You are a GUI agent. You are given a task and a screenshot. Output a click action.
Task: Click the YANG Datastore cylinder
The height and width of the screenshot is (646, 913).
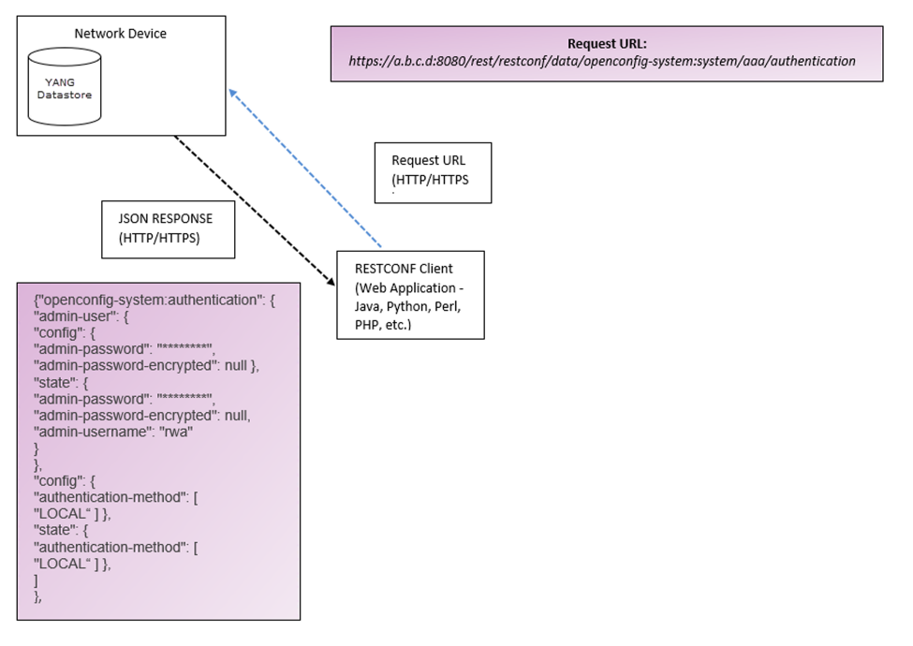coord(66,88)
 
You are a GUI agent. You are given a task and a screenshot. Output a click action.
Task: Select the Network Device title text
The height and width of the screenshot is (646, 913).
coord(120,34)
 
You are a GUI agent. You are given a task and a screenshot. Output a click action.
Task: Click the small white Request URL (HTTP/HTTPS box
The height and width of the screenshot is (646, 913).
coord(433,172)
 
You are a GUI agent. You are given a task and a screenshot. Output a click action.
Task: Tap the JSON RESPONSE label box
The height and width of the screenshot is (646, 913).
coord(167,228)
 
